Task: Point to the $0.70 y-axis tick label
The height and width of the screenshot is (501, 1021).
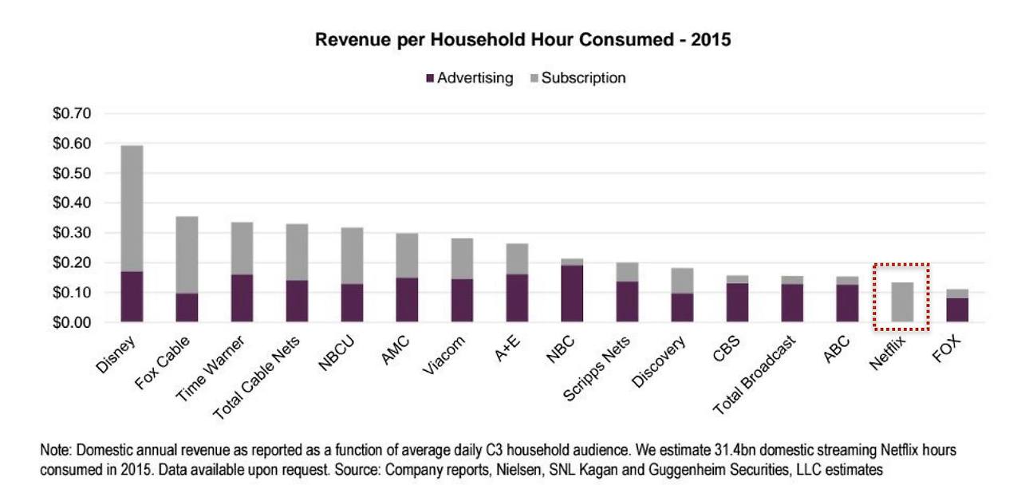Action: pos(71,114)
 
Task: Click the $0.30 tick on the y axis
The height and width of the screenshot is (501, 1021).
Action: pos(71,233)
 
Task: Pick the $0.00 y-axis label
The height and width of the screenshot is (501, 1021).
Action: pos(71,322)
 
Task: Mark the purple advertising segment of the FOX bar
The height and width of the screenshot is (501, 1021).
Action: pos(956,310)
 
